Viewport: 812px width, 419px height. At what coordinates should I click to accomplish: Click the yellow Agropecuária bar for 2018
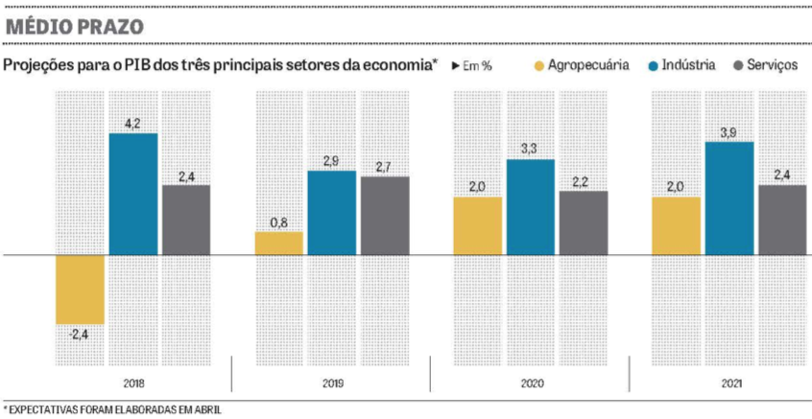[x=80, y=290]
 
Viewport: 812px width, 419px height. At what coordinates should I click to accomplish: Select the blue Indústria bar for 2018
[x=133, y=194]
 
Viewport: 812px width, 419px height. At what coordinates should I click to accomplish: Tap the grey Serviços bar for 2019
[x=385, y=216]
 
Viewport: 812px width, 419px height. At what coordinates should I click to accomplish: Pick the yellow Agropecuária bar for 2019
[x=278, y=244]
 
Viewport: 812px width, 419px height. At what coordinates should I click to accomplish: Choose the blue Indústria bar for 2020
[x=531, y=207]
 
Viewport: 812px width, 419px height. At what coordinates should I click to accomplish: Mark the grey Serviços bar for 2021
[x=782, y=220]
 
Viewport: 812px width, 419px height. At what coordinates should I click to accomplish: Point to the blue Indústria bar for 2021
[x=728, y=198]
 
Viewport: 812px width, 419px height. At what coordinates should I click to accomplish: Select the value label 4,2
[x=133, y=124]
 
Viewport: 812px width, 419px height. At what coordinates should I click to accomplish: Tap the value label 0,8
[x=278, y=222]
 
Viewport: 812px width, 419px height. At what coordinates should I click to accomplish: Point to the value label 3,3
[x=531, y=150]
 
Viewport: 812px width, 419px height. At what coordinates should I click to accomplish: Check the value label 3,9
[x=728, y=132]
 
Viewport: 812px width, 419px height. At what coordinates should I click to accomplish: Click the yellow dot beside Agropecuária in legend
[x=539, y=66]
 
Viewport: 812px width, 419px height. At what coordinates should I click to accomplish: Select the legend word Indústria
[x=689, y=66]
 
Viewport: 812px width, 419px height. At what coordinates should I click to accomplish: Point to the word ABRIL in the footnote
[x=203, y=410]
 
